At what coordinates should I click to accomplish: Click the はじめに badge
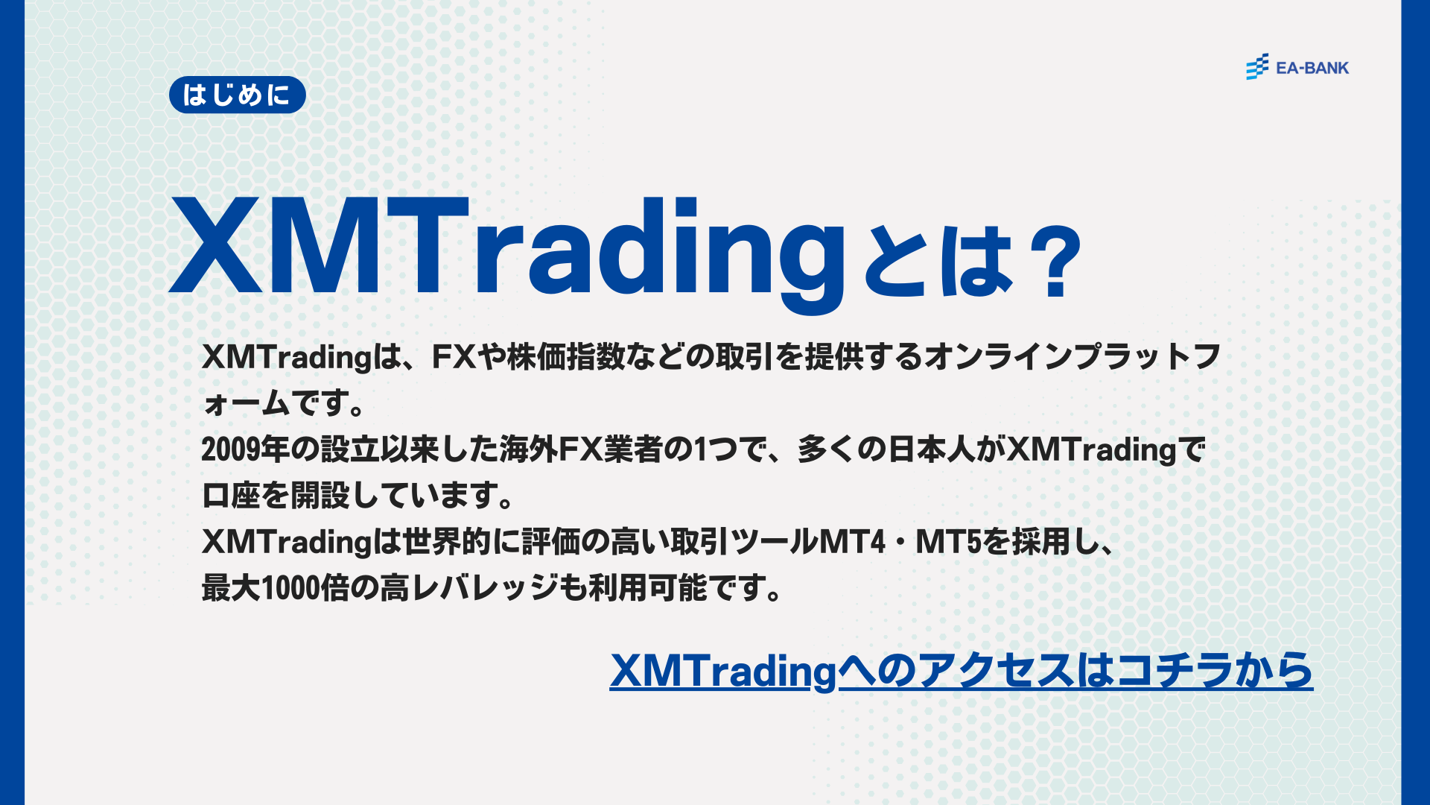pyautogui.click(x=237, y=95)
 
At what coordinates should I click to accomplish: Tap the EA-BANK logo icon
pyautogui.click(x=1257, y=67)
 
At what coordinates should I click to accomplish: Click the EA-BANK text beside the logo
pyautogui.click(x=1312, y=68)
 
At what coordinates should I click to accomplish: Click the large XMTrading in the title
pyautogui.click(x=506, y=250)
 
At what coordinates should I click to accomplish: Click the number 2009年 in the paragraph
pyautogui.click(x=245, y=449)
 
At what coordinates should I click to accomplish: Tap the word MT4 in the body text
pyautogui.click(x=852, y=542)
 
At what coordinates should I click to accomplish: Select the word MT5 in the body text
pyautogui.click(x=948, y=542)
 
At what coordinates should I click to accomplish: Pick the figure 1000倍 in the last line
pyautogui.click(x=305, y=588)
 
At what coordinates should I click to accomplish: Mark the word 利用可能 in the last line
pyautogui.click(x=647, y=588)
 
